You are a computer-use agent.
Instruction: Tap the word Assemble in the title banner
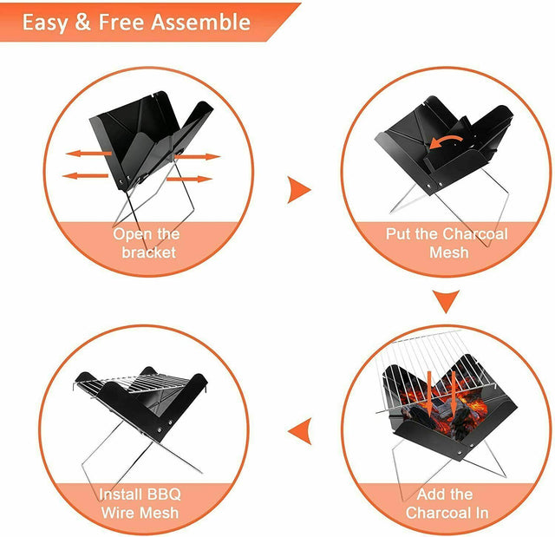point(201,22)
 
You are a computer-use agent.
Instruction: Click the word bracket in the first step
point(148,252)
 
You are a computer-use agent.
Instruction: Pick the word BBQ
point(165,494)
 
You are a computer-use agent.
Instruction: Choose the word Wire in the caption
point(120,513)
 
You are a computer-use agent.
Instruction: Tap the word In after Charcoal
point(477,513)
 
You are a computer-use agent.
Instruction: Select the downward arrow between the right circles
point(447,302)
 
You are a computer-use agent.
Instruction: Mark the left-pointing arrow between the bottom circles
point(299,429)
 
